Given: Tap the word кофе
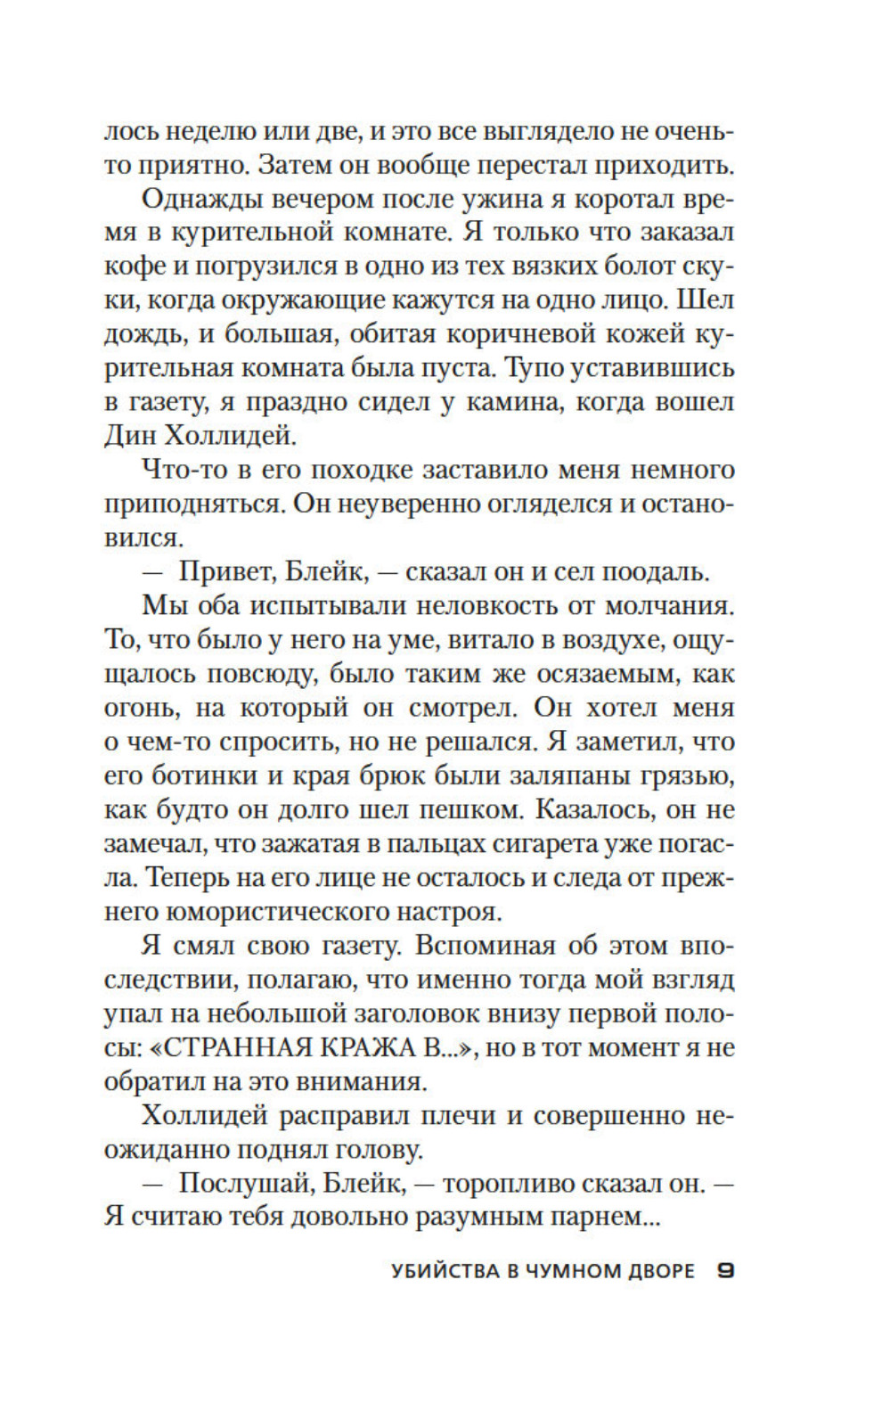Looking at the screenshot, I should point(130,267).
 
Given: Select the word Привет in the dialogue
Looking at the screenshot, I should point(219,571).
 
